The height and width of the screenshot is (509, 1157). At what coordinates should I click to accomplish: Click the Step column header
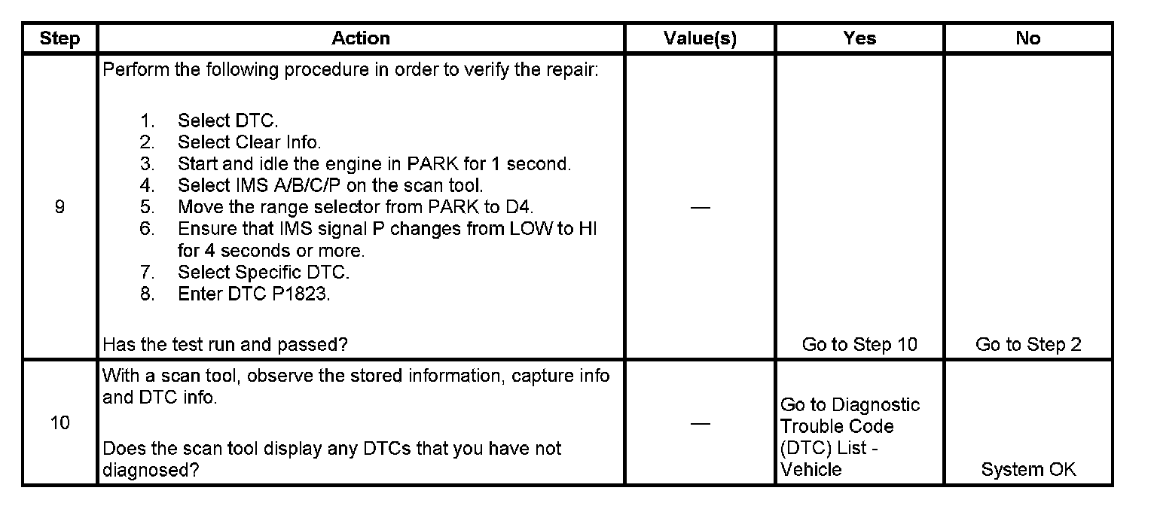click(x=60, y=38)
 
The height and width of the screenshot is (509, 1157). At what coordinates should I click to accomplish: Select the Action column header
click(x=361, y=38)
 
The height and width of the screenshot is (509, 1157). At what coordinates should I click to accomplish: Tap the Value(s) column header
click(x=700, y=38)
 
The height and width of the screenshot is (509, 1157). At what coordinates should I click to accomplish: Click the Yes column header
click(x=859, y=38)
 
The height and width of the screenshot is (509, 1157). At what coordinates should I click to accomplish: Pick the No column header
click(x=1027, y=38)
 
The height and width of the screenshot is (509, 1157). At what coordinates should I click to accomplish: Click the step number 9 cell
click(x=60, y=207)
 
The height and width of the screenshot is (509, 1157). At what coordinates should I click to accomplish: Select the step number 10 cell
click(x=60, y=422)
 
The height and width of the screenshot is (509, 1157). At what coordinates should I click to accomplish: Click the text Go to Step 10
click(x=859, y=345)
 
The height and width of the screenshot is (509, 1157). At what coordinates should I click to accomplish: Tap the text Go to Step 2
click(x=1028, y=345)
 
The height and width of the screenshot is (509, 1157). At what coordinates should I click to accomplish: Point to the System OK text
click(x=1028, y=470)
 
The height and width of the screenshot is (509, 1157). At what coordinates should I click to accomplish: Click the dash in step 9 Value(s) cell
click(x=700, y=208)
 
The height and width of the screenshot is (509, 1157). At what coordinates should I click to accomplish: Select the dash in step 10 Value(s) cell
click(x=700, y=423)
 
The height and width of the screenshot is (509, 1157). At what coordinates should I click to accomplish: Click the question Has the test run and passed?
click(x=224, y=345)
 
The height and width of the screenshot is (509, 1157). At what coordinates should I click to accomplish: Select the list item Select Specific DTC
click(x=263, y=272)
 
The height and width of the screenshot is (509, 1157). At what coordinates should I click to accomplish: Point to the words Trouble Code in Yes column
click(x=836, y=426)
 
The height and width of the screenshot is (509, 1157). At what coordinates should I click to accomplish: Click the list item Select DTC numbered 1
click(x=219, y=120)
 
